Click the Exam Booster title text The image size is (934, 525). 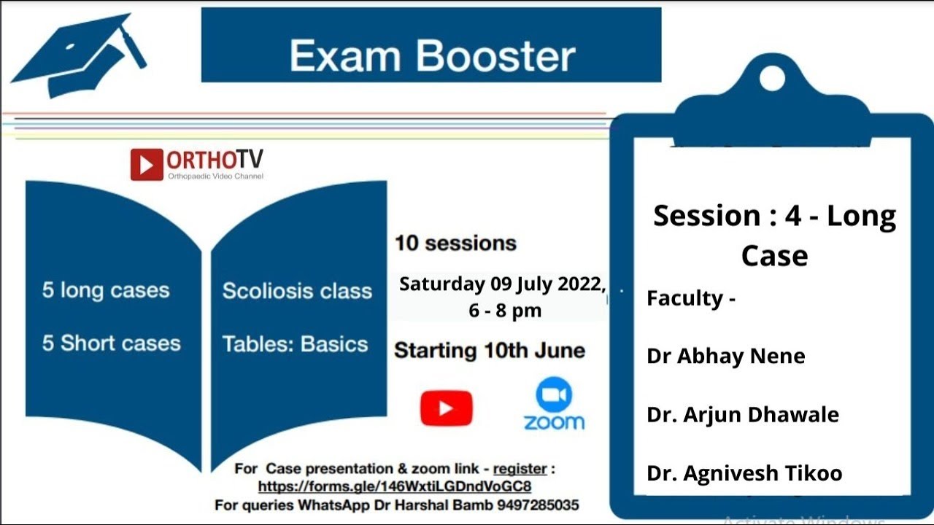(x=432, y=56)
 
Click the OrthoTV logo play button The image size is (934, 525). (x=147, y=165)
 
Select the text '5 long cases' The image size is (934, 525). (x=106, y=290)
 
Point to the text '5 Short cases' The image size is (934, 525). (x=111, y=343)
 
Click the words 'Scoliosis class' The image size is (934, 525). (x=297, y=291)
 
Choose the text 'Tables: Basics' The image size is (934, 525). (x=295, y=344)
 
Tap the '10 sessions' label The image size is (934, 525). (x=455, y=243)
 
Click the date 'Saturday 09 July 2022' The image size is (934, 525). (x=502, y=284)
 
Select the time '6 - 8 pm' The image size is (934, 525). (x=505, y=311)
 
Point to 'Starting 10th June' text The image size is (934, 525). (x=490, y=351)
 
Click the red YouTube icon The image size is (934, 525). (x=447, y=408)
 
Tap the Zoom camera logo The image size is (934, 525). (x=554, y=395)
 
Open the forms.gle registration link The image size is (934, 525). (x=394, y=486)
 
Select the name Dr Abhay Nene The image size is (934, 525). (x=725, y=356)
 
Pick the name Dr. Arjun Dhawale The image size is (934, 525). (x=742, y=415)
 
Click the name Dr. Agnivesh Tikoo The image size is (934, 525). (x=744, y=473)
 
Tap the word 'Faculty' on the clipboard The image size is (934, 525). (x=684, y=298)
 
